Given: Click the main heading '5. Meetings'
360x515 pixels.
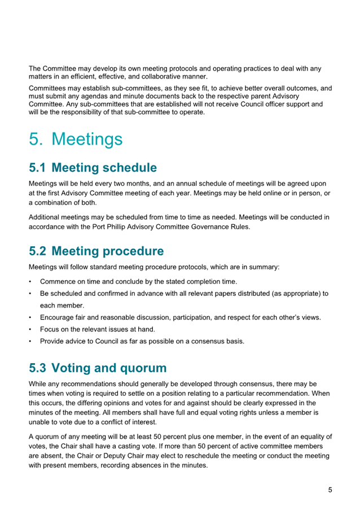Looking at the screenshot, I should [x=76, y=139].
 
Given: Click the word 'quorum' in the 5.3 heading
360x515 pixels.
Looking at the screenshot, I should [x=141, y=368].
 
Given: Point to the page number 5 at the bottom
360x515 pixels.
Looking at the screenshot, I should [x=330, y=490].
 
